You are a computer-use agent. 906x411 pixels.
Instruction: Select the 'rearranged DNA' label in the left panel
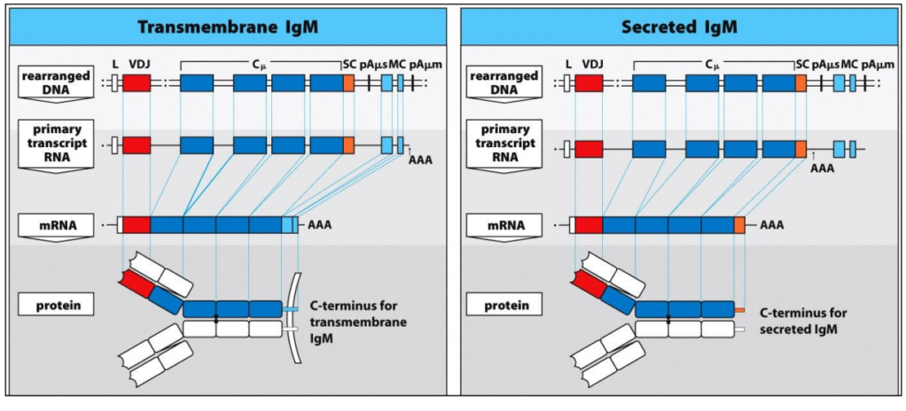pos(54,82)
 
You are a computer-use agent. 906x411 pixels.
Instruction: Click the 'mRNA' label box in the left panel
pos(54,225)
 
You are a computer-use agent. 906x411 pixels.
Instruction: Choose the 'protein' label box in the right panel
pos(507,306)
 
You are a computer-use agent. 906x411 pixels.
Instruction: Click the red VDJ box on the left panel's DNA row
pos(137,83)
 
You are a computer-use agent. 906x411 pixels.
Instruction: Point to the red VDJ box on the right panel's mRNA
pos(589,225)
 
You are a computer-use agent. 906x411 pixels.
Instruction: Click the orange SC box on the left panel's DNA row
pos(348,83)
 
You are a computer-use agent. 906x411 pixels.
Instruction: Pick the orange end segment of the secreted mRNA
pos(739,225)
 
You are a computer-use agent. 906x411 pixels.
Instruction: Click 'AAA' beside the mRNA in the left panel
pos(321,226)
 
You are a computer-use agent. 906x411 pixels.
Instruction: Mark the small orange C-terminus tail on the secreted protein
pos(738,309)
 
